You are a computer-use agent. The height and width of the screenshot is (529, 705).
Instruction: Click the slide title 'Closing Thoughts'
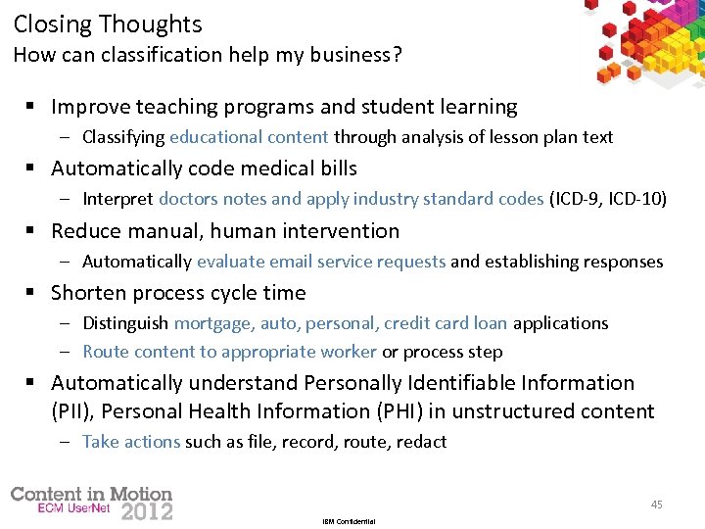click(x=108, y=24)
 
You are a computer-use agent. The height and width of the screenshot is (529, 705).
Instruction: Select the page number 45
click(x=656, y=505)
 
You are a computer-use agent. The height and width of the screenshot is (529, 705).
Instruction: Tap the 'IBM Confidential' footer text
click(x=349, y=521)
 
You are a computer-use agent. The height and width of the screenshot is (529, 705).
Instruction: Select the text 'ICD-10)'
click(x=637, y=199)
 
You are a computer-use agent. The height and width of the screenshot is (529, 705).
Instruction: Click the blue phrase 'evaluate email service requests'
click(x=321, y=262)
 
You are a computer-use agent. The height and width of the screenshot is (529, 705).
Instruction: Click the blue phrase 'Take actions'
click(x=131, y=442)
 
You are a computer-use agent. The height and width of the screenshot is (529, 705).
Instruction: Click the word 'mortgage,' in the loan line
click(x=214, y=323)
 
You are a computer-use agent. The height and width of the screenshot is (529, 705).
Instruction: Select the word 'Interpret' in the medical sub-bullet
click(x=117, y=199)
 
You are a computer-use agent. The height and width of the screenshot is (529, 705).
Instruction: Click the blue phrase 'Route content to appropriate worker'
click(x=229, y=352)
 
